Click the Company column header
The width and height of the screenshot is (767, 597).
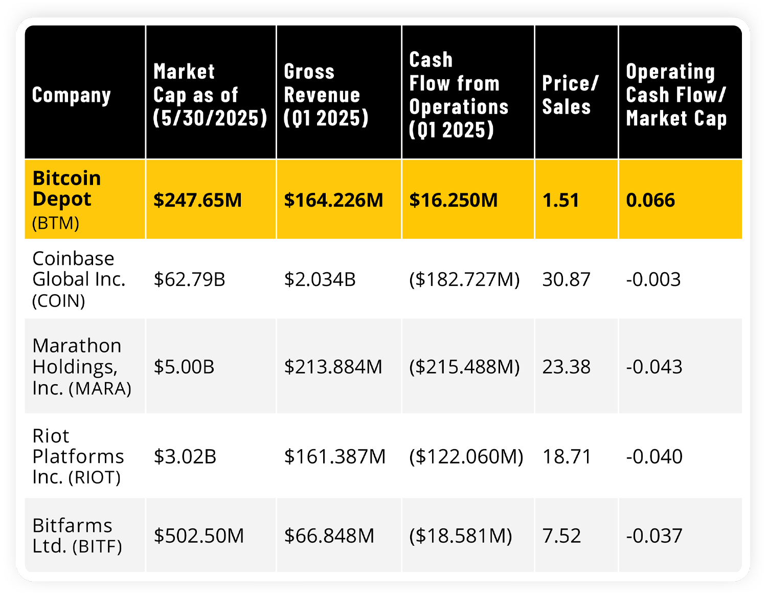point(72,95)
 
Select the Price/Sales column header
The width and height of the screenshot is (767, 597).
point(570,95)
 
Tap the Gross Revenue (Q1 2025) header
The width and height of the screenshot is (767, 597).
point(326,95)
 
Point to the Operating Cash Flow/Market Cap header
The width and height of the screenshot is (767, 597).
point(676,95)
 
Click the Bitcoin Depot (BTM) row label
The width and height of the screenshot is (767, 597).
point(66,200)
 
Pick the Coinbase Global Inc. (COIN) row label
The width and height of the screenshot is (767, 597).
point(78,279)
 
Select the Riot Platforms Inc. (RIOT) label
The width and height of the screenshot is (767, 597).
point(78,456)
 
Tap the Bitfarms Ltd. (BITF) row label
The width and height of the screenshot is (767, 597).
point(77,536)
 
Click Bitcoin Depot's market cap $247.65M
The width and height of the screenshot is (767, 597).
point(197,200)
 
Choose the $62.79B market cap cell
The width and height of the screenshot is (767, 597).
point(189,279)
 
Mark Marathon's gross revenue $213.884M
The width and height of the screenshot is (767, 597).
point(333,367)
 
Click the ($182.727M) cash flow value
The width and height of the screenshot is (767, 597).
point(464,279)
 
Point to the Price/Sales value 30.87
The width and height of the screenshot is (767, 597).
point(566,279)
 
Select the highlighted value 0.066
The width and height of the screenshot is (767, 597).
point(650,200)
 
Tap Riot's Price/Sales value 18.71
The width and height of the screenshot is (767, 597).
point(567,456)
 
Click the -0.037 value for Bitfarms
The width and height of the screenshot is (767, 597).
point(654,536)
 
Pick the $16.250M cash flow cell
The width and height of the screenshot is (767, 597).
point(453,200)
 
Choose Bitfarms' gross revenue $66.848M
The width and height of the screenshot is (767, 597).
point(329,536)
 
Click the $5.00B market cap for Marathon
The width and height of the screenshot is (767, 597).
point(184,367)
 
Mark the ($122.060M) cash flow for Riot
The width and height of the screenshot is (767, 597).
point(466,456)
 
